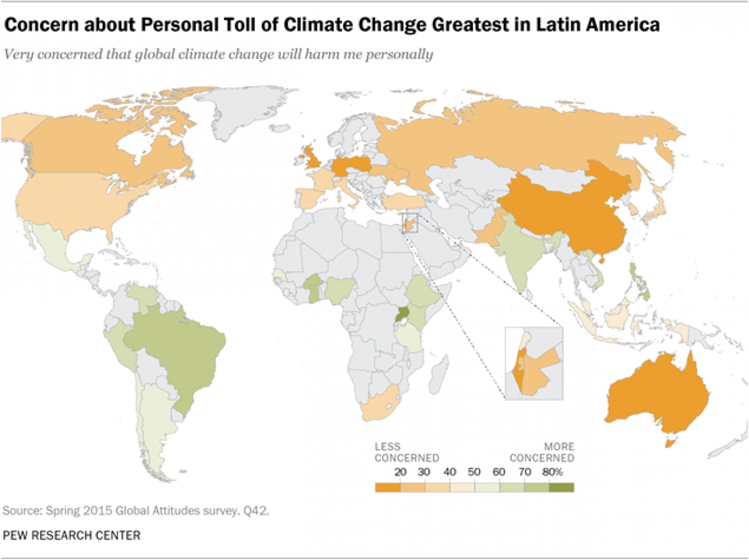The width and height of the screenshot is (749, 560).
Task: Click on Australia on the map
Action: (x=655, y=393)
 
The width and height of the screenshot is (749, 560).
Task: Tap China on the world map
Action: (x=562, y=212)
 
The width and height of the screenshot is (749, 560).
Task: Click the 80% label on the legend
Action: (x=559, y=472)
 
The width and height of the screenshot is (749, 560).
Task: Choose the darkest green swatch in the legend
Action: (x=561, y=488)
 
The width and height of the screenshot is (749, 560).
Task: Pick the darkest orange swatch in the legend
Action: (x=387, y=488)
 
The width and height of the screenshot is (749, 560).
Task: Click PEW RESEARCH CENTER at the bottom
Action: (x=71, y=535)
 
